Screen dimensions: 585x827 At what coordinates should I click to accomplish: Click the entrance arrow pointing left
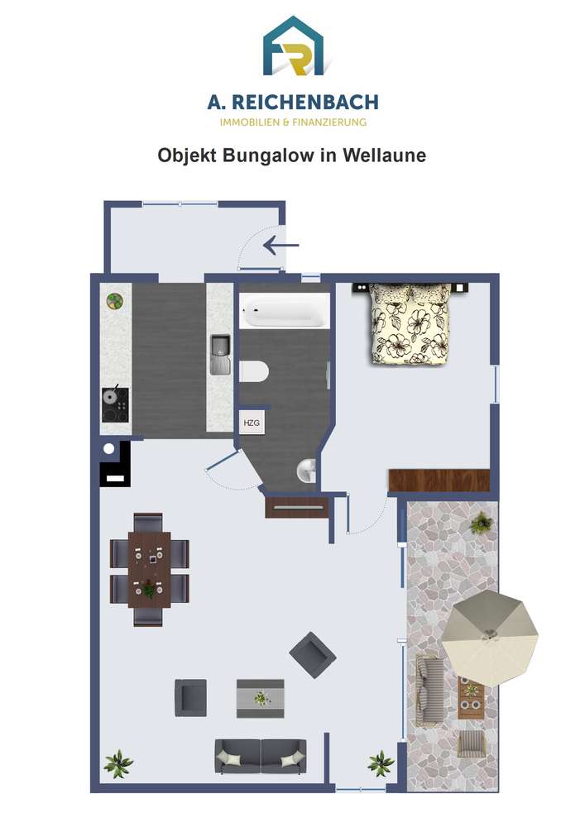tap(281, 246)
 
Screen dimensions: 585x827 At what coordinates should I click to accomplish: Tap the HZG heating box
tap(252, 423)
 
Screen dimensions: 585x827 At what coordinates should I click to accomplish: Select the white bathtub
tap(285, 311)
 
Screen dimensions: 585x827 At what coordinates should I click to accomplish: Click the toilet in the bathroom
tap(254, 371)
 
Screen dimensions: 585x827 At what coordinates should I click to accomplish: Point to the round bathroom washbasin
tap(306, 470)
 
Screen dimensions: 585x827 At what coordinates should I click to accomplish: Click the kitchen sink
tap(220, 355)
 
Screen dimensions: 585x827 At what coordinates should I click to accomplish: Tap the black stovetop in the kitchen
tap(116, 404)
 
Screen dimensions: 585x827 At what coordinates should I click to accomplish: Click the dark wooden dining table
tap(149, 570)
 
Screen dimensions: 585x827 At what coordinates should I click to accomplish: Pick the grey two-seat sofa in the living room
tap(261, 757)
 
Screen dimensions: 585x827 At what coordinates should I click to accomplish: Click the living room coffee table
tap(261, 698)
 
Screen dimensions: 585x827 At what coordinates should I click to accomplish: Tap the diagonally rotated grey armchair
tap(313, 655)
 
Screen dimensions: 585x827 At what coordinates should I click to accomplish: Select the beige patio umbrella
tap(490, 638)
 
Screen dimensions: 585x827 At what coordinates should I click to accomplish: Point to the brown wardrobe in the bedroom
tap(439, 480)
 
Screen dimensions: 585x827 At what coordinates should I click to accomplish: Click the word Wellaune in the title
tap(384, 155)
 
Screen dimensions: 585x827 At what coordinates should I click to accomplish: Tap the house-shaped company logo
tap(293, 45)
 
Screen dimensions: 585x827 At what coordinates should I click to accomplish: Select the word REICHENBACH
tap(305, 103)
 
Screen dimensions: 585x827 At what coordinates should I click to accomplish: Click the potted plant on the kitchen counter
tap(116, 301)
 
